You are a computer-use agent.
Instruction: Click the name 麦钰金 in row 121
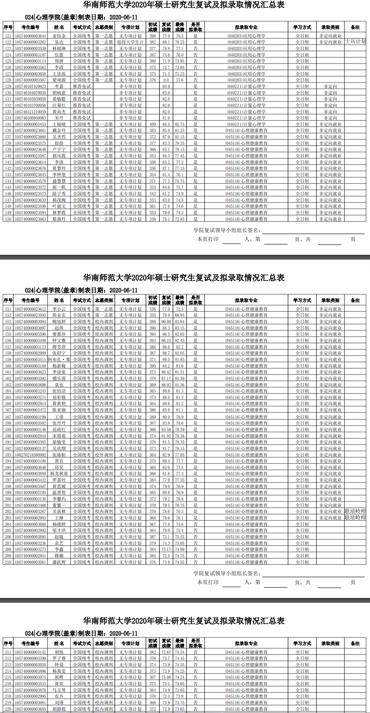[x=59, y=36]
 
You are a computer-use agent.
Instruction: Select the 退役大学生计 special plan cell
[x=130, y=42]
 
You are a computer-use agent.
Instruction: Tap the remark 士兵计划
[x=355, y=41]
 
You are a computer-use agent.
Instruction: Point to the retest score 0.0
[x=166, y=80]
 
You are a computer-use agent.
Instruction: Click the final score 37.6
[x=180, y=80]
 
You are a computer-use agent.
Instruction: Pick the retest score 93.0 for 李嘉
[x=166, y=86]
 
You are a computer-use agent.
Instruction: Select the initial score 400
[x=153, y=124]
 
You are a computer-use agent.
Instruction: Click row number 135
[x=8, y=124]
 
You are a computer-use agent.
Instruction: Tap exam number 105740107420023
[x=30, y=86]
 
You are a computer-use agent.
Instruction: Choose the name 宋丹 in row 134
[x=59, y=118]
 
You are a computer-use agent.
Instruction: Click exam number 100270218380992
[x=30, y=455]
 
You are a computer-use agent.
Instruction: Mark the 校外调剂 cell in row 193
[x=104, y=455]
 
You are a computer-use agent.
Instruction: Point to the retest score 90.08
[x=166, y=321]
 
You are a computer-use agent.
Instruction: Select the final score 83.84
[x=180, y=321]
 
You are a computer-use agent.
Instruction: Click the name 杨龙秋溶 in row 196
[x=59, y=474]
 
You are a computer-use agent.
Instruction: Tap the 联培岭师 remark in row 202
[x=355, y=511]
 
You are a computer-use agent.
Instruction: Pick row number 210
[x=8, y=562]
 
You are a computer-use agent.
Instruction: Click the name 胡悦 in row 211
[x=59, y=652]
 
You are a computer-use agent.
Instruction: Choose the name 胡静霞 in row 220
[x=59, y=709]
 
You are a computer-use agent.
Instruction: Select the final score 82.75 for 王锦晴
[x=180, y=124]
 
